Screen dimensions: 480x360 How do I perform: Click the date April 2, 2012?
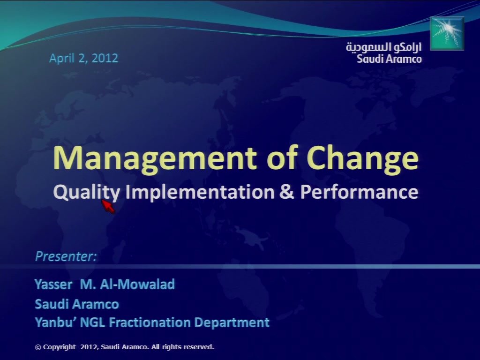click(83, 58)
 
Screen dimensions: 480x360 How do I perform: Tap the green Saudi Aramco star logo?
click(447, 33)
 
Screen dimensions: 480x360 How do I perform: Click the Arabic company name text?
click(383, 47)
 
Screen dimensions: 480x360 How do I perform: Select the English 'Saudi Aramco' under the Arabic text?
click(389, 59)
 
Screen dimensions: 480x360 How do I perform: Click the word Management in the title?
click(155, 158)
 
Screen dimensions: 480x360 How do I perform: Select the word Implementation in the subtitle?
click(200, 192)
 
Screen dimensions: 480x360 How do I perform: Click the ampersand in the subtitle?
click(287, 192)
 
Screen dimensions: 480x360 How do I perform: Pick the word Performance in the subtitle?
click(359, 192)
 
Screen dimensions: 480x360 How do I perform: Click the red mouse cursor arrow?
click(108, 206)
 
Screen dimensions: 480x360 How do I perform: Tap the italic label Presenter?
click(66, 256)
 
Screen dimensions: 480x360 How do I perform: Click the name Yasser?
click(53, 285)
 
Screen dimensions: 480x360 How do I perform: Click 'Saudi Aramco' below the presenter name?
click(77, 304)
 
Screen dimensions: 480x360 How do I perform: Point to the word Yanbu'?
click(55, 322)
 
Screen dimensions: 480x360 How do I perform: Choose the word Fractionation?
click(150, 322)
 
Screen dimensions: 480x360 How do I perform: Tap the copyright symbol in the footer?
click(38, 347)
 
